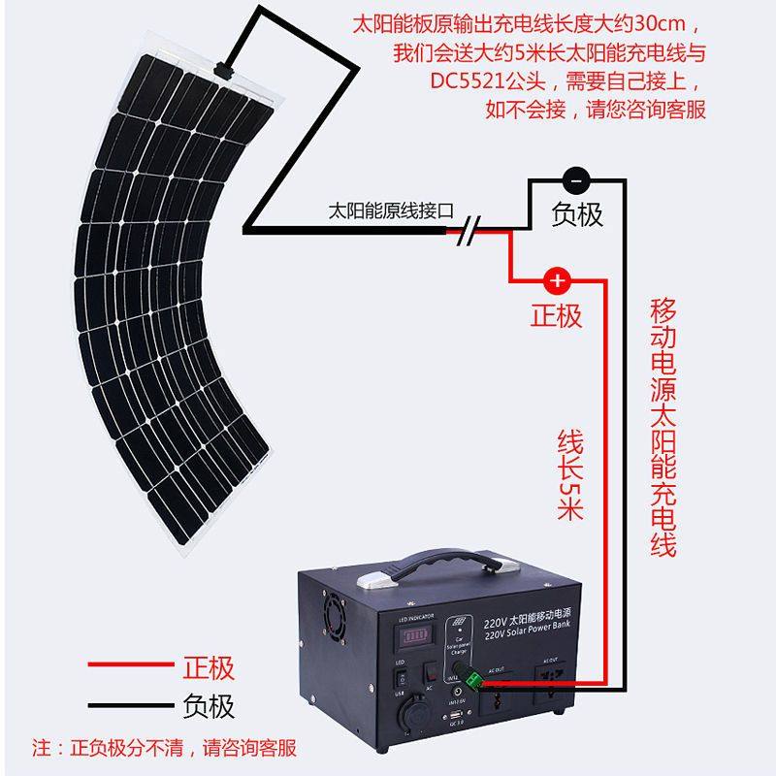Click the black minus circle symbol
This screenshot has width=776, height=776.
[576, 179]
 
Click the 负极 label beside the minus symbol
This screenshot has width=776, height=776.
[577, 214]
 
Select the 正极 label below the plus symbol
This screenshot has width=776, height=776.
[557, 315]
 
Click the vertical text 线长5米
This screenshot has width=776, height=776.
[569, 475]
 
